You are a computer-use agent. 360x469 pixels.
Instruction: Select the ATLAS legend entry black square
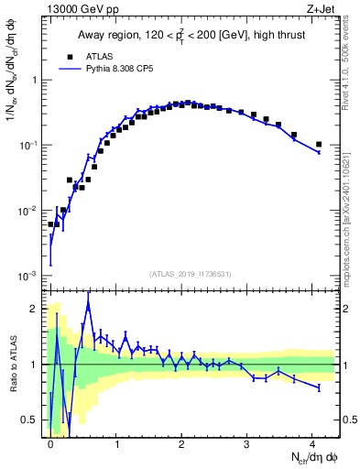[69, 56]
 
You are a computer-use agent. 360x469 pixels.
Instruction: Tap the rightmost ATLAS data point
[318, 144]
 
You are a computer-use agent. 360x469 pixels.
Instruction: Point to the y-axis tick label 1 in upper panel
[37, 80]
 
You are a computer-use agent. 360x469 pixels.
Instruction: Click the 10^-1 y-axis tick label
[31, 145]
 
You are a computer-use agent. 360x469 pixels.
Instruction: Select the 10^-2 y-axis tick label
[31, 211]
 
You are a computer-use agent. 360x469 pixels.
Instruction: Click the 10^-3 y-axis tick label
[31, 276]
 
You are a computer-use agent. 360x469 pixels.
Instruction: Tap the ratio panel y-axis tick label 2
[36, 309]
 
